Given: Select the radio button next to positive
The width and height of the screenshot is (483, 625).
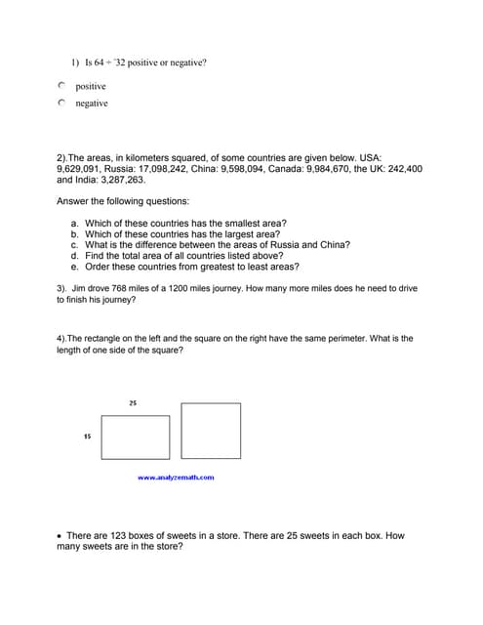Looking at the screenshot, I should pos(61,87).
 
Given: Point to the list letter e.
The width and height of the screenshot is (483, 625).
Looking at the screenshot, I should pos(74,267).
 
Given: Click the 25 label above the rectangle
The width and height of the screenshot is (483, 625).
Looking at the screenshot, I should pos(132,402).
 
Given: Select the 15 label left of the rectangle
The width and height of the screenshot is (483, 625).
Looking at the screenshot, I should pos(87,437).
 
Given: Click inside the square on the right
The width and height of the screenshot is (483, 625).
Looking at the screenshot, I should pos(211,431).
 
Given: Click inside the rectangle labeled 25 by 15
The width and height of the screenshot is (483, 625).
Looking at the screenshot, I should pos(135,437).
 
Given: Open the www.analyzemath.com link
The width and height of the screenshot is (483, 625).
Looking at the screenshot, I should pos(177,478).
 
